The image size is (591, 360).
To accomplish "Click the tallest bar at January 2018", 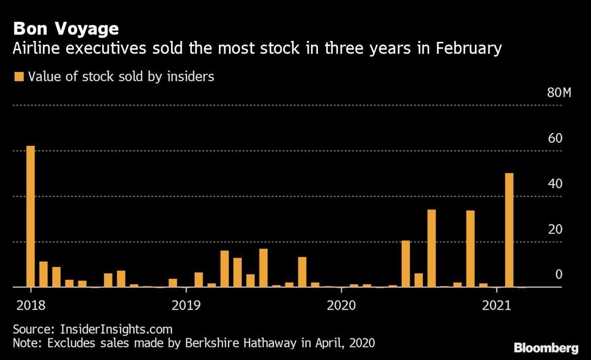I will pos(31,217).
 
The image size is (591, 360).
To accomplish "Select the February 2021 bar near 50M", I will pos(509,230).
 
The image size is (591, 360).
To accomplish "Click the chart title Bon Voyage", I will pos(66,29).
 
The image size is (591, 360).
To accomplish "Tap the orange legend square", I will pos(19,77).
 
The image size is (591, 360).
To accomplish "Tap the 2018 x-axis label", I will pos(31,305).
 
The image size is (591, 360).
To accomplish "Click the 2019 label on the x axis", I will pos(186,305).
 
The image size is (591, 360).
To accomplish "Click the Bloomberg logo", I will pos(546,349).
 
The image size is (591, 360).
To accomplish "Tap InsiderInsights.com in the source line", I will pos(116,328).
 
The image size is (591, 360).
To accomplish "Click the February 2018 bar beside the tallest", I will pos(43,274).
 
